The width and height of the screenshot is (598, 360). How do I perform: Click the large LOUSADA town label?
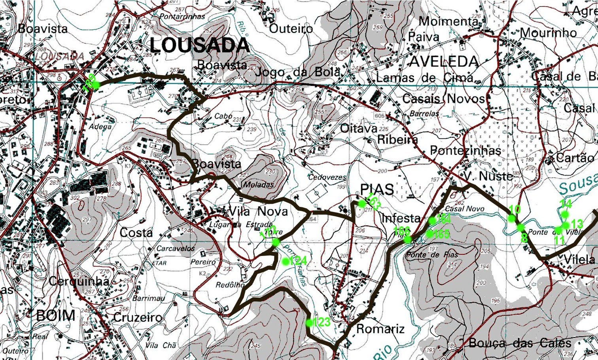click(x=199, y=46)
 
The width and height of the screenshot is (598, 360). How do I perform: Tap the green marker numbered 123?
click(x=309, y=323)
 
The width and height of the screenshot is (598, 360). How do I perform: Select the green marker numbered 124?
click(x=286, y=261)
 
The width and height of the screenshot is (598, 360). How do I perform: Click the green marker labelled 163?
click(x=361, y=204)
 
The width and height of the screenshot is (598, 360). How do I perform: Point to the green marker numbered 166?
click(x=408, y=240)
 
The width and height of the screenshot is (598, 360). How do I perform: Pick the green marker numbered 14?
click(x=565, y=214)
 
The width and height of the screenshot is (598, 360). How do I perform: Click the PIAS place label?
click(x=377, y=189)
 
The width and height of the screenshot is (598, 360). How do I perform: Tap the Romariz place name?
click(x=380, y=329)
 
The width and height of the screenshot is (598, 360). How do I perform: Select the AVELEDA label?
click(x=444, y=62)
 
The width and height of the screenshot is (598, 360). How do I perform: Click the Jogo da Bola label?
click(x=298, y=72)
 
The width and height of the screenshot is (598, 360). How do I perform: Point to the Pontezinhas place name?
click(x=465, y=151)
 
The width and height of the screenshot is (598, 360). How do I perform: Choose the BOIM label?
click(x=55, y=316)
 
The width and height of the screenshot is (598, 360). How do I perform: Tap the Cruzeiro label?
click(x=138, y=317)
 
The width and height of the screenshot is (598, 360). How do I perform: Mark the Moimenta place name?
click(x=448, y=21)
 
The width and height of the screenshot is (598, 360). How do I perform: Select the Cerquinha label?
click(x=79, y=281)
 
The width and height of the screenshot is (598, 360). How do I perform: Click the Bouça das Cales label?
click(x=520, y=343)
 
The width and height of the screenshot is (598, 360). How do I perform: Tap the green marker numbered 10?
click(x=512, y=218)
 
